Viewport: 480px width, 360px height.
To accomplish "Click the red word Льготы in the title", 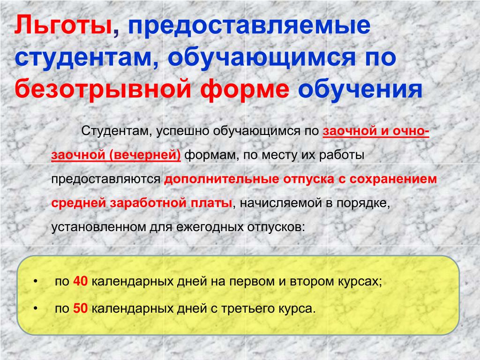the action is (63, 25).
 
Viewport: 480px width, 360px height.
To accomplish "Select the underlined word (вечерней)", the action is (145, 155).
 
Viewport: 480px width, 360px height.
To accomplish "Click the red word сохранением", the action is (393, 179).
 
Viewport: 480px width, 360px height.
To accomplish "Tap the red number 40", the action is (80, 281).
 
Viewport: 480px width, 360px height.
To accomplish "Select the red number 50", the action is (80, 308).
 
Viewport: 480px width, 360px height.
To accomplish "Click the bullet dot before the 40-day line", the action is (36, 281).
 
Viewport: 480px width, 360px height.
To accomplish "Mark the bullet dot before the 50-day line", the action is (36, 308).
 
